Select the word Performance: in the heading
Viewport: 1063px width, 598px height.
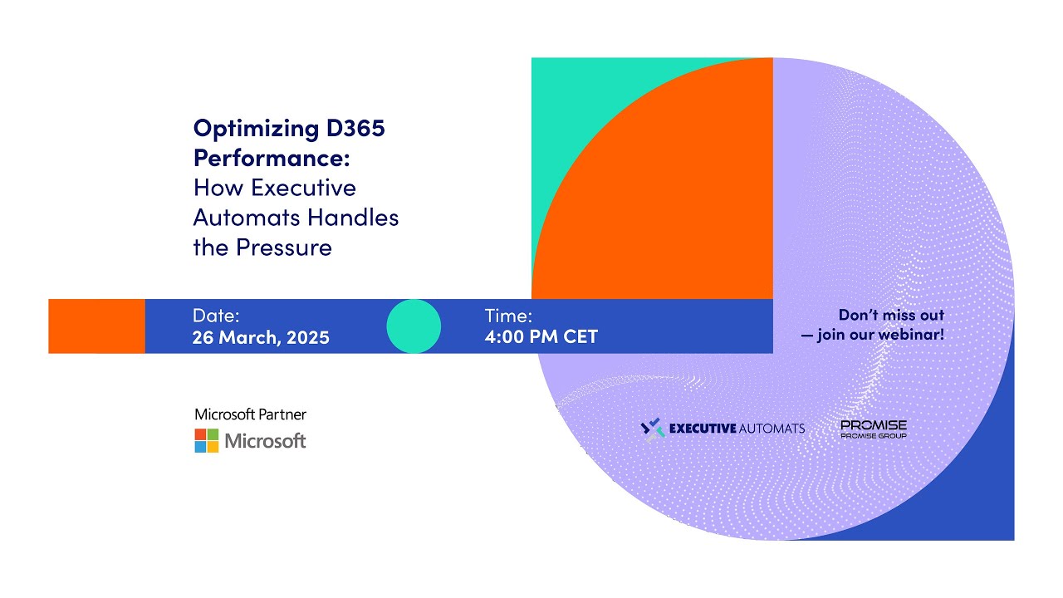tap(272, 158)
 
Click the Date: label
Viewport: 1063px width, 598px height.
tap(216, 316)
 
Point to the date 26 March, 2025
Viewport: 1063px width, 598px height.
tap(261, 337)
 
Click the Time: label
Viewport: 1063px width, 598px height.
tap(508, 316)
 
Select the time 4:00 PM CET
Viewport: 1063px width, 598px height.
tap(541, 337)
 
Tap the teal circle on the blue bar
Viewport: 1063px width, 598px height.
tap(414, 326)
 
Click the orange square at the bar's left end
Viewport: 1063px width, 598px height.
tap(96, 326)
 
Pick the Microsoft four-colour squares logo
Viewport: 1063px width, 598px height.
tap(207, 440)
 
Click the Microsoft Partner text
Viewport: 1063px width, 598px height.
tap(250, 414)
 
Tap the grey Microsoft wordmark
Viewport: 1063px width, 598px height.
tap(266, 441)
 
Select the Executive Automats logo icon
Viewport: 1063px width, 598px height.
tap(654, 429)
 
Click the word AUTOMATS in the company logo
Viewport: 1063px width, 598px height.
tap(772, 429)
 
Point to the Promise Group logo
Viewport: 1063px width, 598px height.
tap(873, 429)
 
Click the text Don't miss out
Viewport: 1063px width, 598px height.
tap(891, 316)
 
